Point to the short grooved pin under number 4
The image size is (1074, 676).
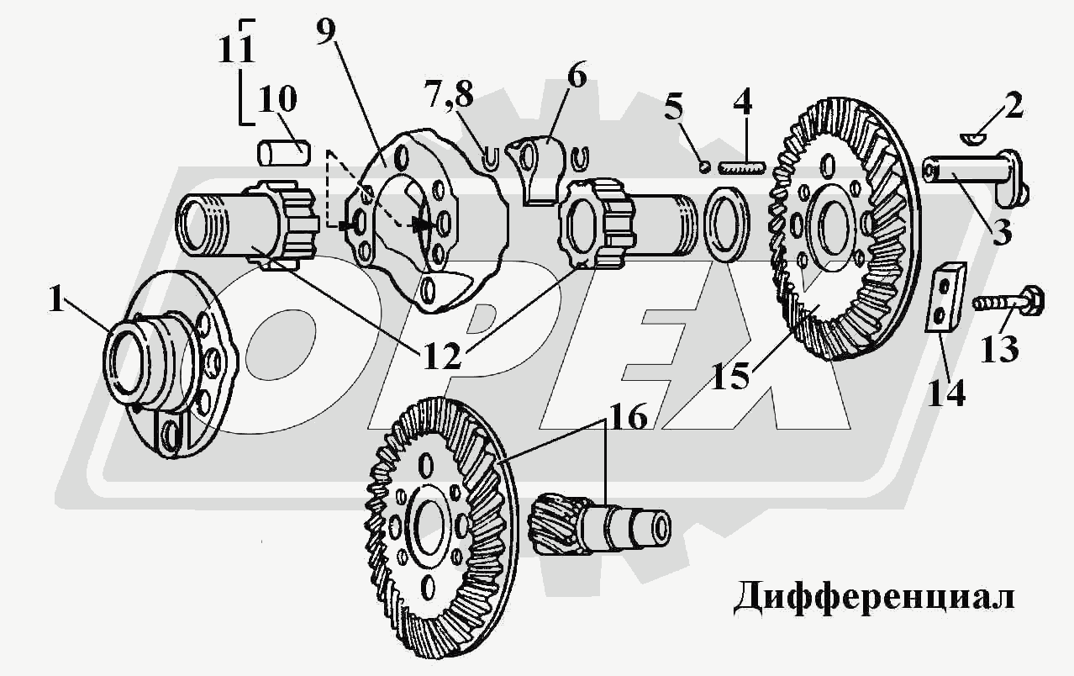[744, 168]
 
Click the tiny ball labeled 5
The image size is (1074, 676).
[704, 166]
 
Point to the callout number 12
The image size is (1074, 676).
[442, 356]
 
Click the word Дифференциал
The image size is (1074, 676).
[874, 598]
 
